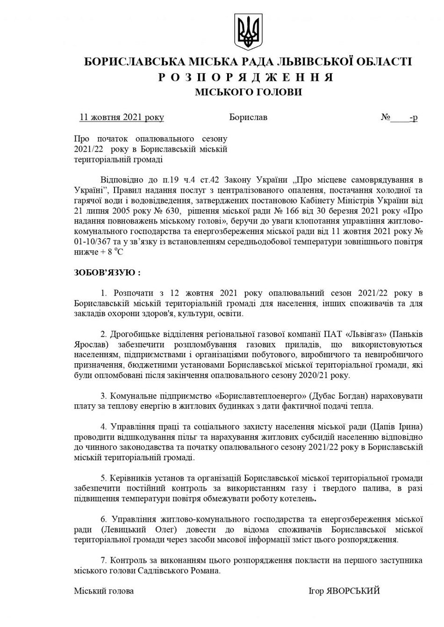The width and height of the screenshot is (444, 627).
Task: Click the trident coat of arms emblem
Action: [x=248, y=32]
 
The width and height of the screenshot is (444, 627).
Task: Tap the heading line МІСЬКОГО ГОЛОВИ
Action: [x=248, y=92]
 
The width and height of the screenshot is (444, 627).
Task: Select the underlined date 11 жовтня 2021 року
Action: [x=122, y=117]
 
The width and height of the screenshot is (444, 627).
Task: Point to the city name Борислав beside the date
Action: [x=248, y=117]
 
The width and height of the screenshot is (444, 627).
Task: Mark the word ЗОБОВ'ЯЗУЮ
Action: [x=107, y=272]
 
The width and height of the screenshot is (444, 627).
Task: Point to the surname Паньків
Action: [x=407, y=334]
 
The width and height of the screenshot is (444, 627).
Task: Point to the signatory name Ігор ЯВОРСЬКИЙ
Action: [x=344, y=591]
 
